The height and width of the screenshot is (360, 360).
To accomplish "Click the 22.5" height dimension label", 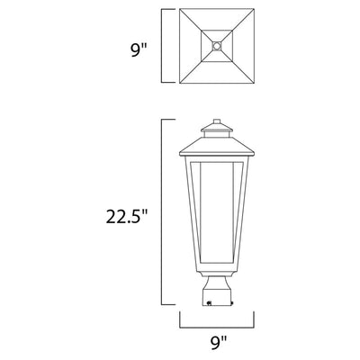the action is point(127,216).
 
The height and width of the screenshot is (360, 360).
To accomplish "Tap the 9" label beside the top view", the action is point(138,50).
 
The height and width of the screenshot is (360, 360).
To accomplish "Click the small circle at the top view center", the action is point(217,46).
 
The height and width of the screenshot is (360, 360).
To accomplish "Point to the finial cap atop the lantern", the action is point(217,121).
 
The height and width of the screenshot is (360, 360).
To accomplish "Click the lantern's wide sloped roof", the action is point(217,149).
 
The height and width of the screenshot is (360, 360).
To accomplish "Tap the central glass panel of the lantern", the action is point(217,213).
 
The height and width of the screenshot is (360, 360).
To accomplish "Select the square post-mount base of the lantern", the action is point(217,297).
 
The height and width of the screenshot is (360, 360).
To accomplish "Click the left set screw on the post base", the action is point(210,303).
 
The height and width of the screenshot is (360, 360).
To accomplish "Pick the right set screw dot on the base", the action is point(233,303).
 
